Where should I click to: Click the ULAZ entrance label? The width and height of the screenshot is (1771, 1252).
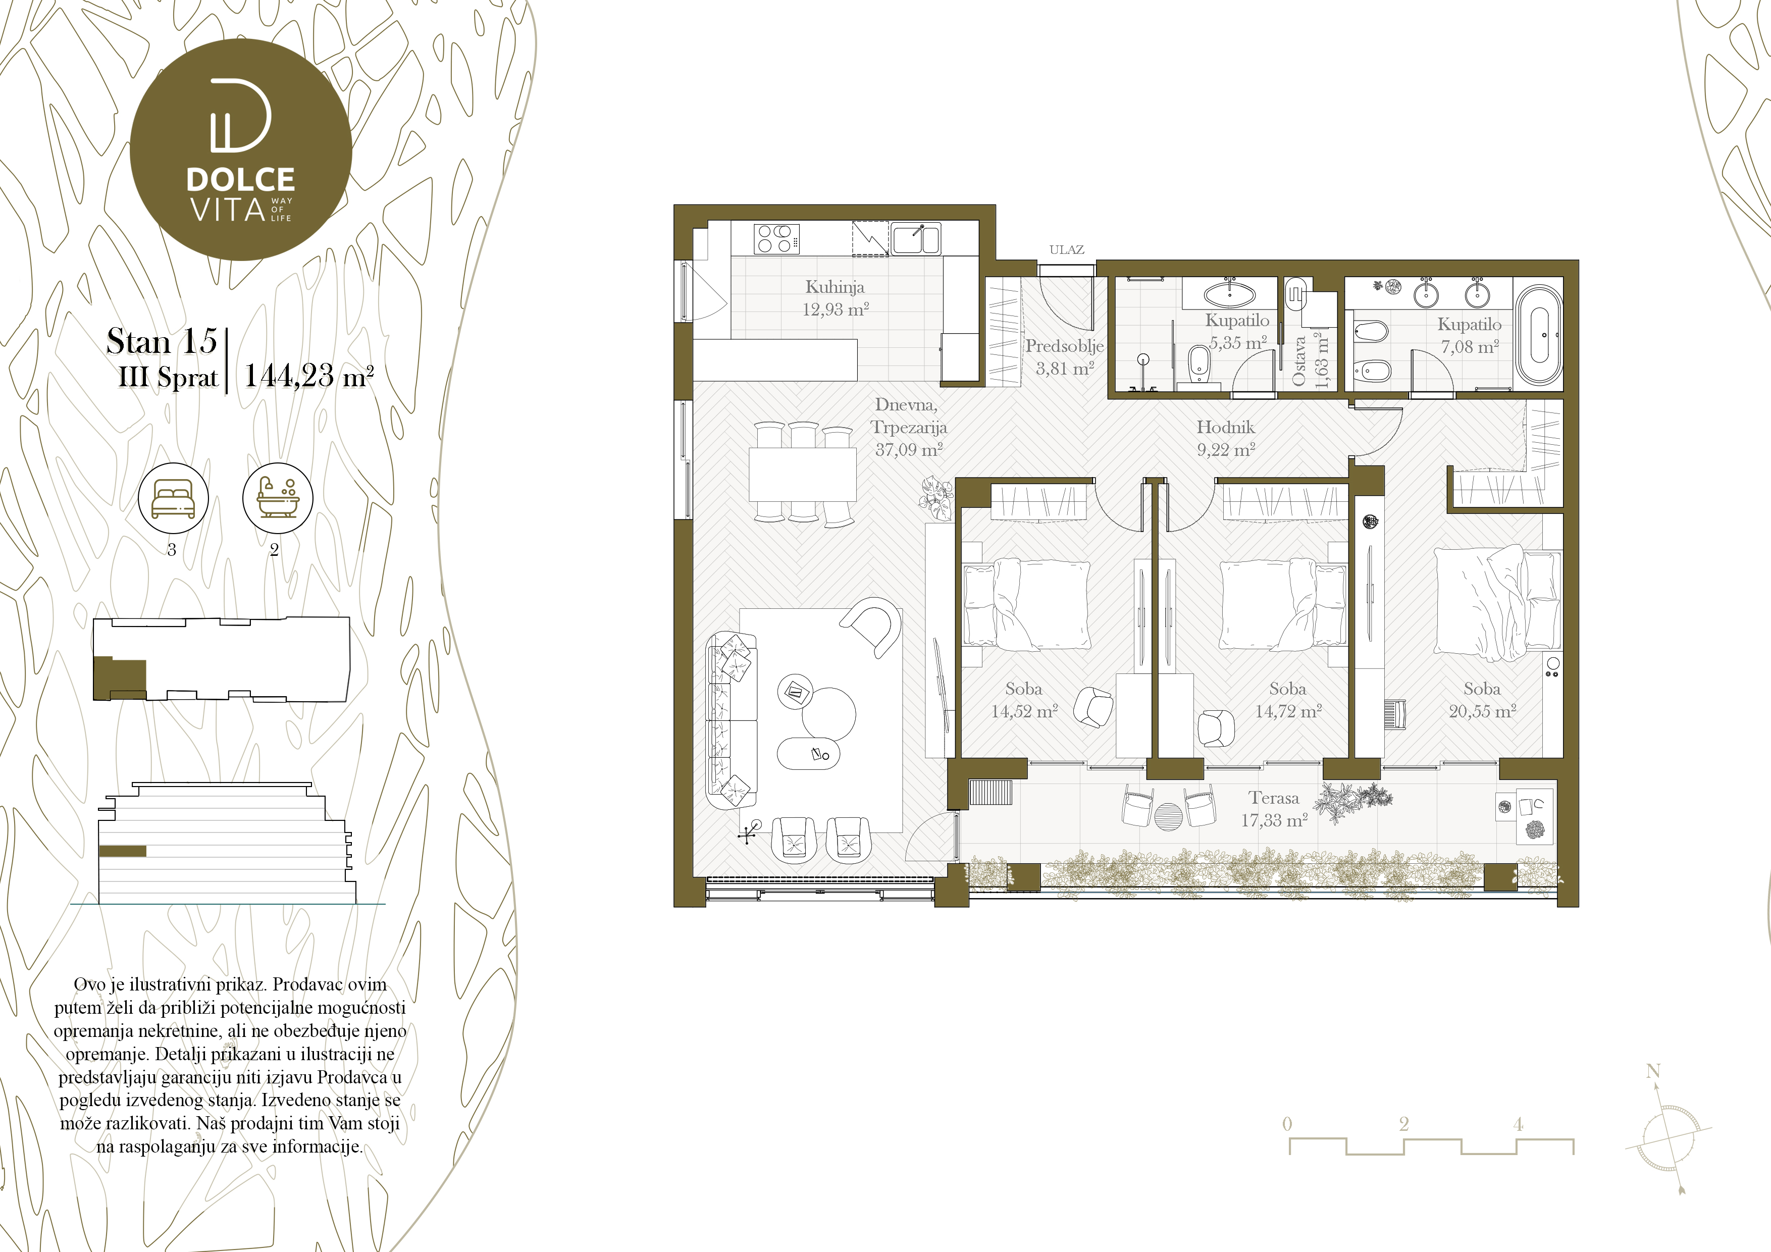1066,249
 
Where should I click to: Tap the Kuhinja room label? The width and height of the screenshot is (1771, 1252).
835,287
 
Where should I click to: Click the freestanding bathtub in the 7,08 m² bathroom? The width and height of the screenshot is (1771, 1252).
1538,336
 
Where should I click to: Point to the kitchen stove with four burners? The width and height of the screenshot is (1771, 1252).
775,238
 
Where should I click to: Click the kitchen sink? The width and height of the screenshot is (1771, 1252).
916,238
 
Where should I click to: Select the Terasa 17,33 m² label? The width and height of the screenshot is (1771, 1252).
1274,808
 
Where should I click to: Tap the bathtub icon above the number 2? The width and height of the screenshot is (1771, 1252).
278,498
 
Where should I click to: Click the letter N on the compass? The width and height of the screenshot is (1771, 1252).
1652,1071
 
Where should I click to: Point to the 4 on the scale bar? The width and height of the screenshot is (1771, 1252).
1518,1124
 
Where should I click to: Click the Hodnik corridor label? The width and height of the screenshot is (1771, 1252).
1226,427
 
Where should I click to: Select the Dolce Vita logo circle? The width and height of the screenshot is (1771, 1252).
241,149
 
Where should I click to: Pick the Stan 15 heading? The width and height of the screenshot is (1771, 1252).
162,341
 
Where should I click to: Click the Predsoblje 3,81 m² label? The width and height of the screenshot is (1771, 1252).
1064,357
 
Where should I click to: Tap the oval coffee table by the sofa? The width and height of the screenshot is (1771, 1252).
808,754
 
